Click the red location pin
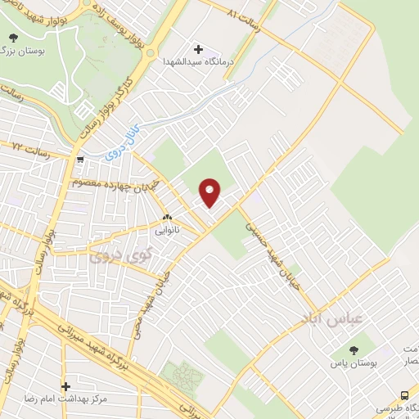pos(210,191)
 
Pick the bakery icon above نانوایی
pos(167,218)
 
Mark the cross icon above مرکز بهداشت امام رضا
pos(65,385)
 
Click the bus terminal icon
pos(406,394)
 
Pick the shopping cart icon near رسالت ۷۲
pos(80,160)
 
